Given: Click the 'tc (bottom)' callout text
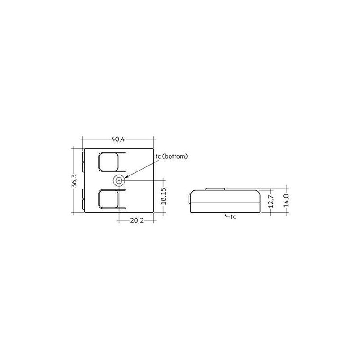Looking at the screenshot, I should tap(171, 157).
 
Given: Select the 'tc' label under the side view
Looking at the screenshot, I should tap(233, 217).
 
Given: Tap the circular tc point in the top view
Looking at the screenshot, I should tap(119, 180).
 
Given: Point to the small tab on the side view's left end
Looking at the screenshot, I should tap(188, 199).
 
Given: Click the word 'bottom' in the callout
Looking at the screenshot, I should tap(176, 157).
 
